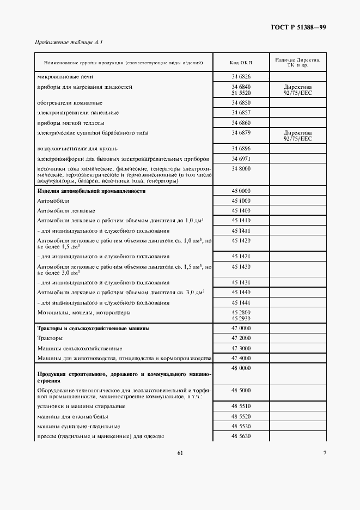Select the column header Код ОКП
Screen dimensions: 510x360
pos(241,63)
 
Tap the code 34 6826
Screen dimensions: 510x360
pos(241,77)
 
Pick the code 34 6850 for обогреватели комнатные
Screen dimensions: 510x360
pos(241,102)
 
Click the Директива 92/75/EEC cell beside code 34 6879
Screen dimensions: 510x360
pos(297,136)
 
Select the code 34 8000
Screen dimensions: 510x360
pos(241,169)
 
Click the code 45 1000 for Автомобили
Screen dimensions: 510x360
pos(241,201)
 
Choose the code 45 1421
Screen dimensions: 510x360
pos(241,256)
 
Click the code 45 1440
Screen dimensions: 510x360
pos(241,293)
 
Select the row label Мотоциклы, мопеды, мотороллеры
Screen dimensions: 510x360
pos(83,313)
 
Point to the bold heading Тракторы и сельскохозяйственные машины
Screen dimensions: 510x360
pos(93,329)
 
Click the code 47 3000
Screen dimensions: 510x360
pos(241,348)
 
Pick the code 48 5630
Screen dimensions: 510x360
pos(241,436)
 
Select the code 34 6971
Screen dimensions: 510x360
pos(241,159)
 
